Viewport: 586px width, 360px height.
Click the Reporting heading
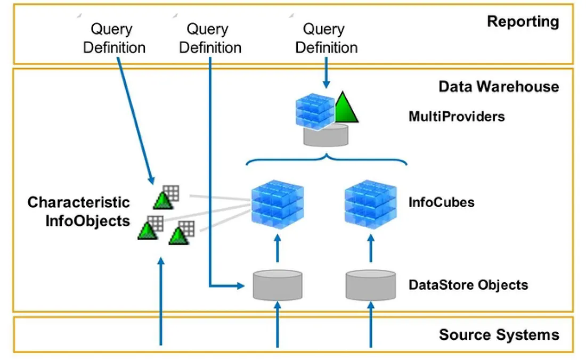tap(523, 22)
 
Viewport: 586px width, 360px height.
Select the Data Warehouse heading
tap(499, 86)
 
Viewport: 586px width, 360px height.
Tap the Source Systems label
tap(499, 334)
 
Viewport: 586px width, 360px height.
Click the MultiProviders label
tap(457, 116)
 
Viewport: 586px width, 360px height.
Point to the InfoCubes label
tap(441, 203)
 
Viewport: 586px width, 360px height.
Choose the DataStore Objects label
tap(468, 285)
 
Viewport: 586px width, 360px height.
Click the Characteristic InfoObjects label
tap(79, 211)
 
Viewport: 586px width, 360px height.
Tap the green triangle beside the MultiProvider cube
tap(346, 107)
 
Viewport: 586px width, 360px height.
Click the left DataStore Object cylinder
tap(278, 285)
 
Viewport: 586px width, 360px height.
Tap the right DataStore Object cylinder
tap(371, 285)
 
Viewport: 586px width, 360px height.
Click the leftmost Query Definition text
tap(114, 38)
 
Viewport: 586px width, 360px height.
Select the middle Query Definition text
tap(210, 38)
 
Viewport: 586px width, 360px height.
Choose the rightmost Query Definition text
tap(326, 38)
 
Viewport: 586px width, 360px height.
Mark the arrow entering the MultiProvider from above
tap(326, 74)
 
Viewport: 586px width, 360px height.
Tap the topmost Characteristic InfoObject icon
tap(167, 197)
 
